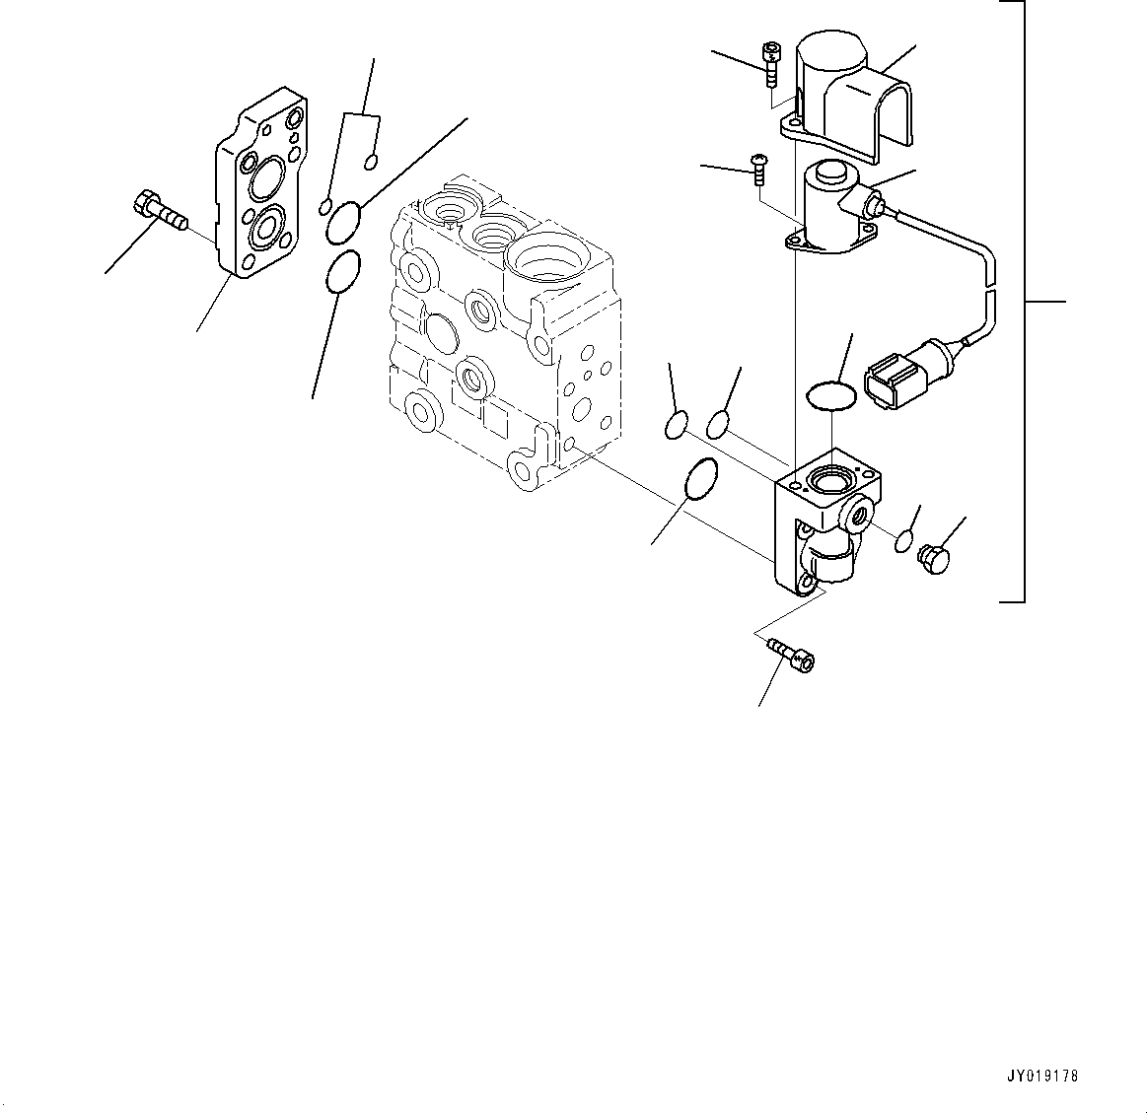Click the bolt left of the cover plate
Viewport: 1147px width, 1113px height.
point(158,211)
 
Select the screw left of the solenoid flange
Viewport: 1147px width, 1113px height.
point(759,169)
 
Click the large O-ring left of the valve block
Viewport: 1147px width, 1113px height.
point(699,480)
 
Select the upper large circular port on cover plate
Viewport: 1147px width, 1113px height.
point(266,181)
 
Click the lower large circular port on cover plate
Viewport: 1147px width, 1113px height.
point(266,230)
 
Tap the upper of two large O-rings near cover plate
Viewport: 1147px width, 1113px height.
point(342,223)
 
